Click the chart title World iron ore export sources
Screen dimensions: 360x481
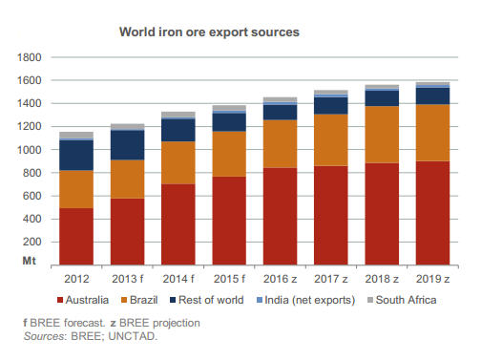209,32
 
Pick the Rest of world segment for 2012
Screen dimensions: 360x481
76,155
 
